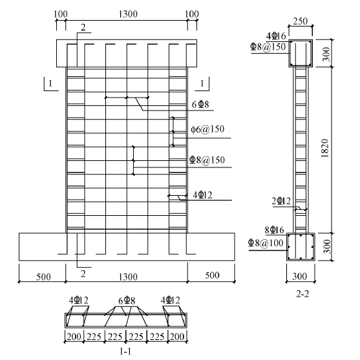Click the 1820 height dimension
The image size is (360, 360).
point(325,148)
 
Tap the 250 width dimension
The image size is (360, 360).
point(301,21)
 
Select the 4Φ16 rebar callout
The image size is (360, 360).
point(276,36)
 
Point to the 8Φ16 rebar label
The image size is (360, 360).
point(274,230)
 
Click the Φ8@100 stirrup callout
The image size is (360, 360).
point(266,242)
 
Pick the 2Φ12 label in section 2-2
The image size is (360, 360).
point(281,201)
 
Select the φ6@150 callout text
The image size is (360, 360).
point(207,129)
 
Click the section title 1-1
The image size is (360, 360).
point(125,352)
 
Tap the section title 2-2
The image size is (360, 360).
point(302,294)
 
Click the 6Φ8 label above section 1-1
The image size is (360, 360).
point(127,301)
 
